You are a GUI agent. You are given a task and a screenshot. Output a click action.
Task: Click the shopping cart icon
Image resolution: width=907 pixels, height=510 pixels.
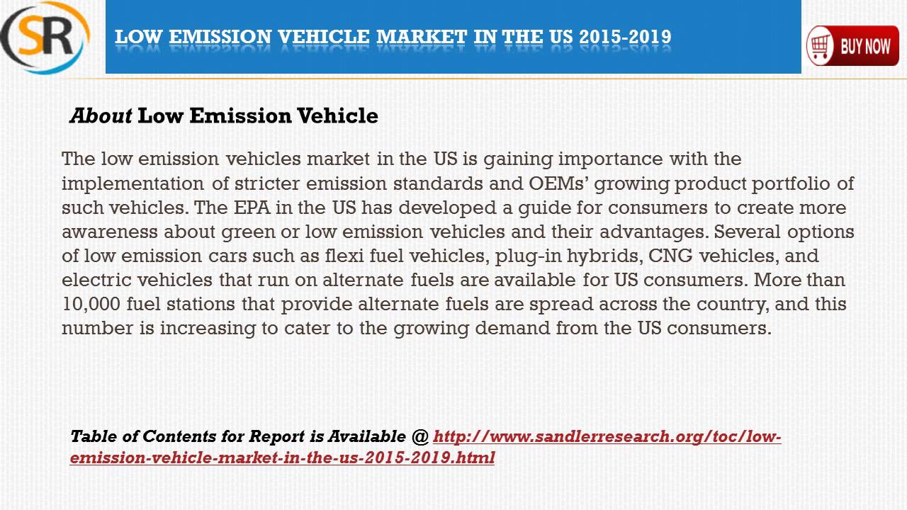pos(820,46)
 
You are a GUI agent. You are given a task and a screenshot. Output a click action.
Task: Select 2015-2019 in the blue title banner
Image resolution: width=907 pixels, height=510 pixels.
pos(625,37)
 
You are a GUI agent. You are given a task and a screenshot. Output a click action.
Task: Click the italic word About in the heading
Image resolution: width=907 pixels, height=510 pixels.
pos(101,115)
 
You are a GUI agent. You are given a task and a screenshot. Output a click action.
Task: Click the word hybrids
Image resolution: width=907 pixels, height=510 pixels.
pos(606,256)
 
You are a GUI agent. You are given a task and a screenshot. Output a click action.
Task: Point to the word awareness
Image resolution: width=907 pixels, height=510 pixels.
pos(110,232)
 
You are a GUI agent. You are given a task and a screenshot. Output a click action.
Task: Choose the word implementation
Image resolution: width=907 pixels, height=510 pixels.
pos(133,183)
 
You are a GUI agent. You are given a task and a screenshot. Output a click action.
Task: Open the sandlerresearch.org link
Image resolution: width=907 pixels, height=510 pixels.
pos(607,436)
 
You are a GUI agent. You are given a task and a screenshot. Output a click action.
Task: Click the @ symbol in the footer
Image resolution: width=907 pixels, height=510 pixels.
pos(419,436)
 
